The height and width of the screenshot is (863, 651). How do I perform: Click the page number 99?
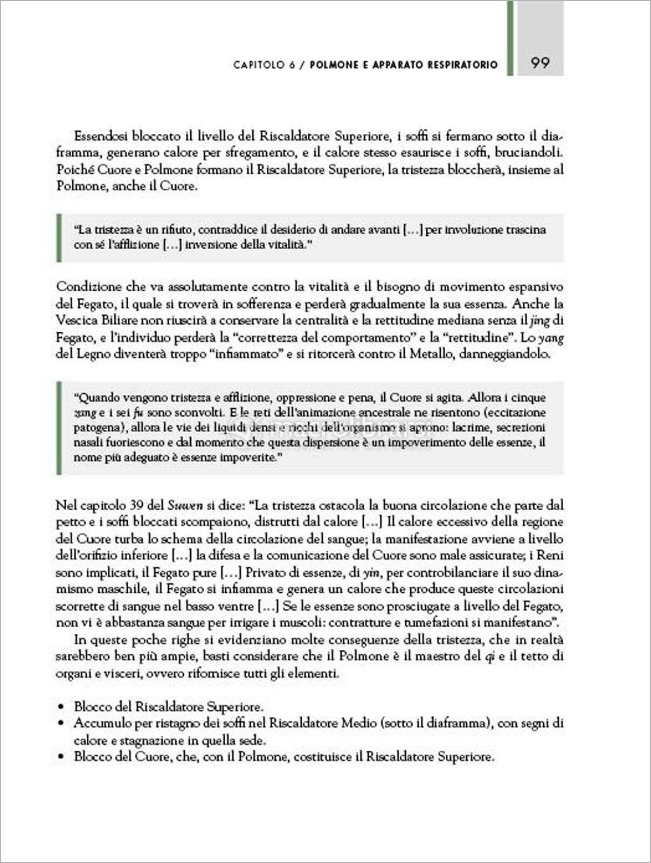coord(540,63)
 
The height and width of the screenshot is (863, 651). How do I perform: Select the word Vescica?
coord(76,320)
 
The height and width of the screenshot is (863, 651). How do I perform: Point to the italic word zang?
coord(81,413)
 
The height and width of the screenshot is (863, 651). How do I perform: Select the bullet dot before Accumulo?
coord(62,724)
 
